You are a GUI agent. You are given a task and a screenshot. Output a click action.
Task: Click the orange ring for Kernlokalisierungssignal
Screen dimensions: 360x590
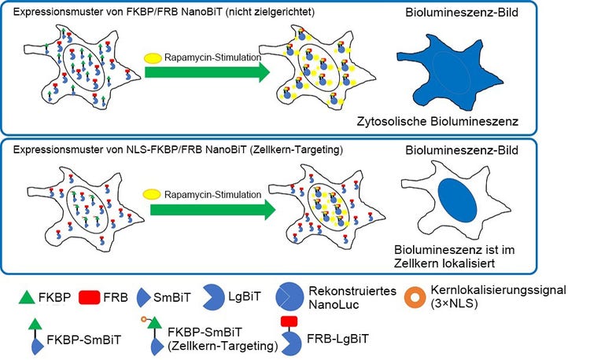coord(418,298)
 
